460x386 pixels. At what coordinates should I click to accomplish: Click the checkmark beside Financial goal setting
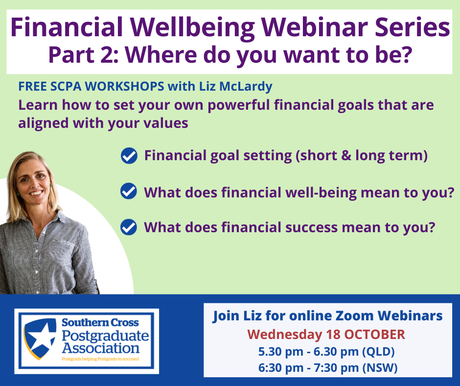(x=129, y=156)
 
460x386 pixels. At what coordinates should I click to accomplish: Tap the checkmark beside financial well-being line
(x=129, y=191)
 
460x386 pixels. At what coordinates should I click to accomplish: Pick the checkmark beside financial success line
(x=129, y=227)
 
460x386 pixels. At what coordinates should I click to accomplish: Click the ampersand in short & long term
(x=346, y=155)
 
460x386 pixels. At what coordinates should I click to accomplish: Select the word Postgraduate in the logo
(x=105, y=336)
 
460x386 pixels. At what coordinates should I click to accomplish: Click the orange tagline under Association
(x=100, y=359)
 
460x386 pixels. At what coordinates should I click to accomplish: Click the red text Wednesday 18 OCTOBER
(x=326, y=335)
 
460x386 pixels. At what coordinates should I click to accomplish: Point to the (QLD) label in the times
(x=378, y=352)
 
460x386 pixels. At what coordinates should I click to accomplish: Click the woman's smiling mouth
(x=36, y=193)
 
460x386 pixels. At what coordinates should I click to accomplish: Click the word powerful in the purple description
(x=238, y=105)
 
